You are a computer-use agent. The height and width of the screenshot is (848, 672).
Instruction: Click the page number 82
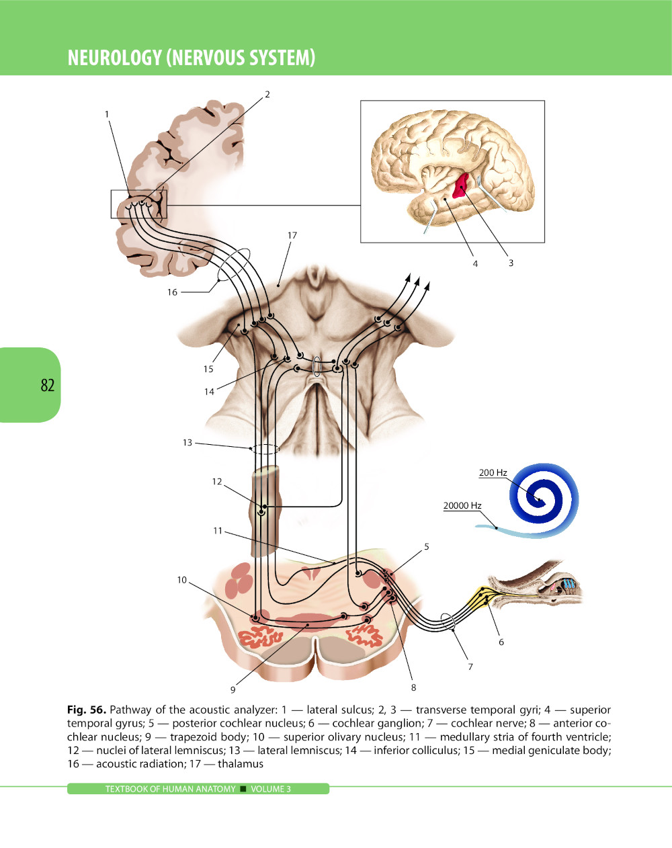coord(47,385)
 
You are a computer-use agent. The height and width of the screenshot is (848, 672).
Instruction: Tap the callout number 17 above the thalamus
coord(292,235)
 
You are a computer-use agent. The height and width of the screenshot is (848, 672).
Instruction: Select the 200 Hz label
coord(493,472)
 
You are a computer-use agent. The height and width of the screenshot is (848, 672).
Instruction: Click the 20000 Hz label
coord(462,505)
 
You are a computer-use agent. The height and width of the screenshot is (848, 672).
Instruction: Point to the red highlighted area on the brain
coord(461,185)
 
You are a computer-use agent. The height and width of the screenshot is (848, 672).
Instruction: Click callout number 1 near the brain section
coord(106,114)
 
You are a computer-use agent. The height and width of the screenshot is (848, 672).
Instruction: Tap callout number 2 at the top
coord(267,94)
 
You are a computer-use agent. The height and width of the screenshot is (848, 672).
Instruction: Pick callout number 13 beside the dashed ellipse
coord(187,442)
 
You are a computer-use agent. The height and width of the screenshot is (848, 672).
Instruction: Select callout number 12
coord(216,481)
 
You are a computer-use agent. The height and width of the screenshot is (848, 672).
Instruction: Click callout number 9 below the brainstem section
coord(233,689)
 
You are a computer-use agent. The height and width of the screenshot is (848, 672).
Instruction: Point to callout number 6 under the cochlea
coord(501,642)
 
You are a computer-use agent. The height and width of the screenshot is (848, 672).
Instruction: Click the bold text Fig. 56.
coord(86,710)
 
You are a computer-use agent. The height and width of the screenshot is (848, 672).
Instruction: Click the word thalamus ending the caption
coord(241,763)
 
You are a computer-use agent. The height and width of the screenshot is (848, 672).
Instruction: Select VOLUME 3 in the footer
coord(271,789)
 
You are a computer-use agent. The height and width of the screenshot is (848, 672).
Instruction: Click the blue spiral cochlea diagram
coord(544,499)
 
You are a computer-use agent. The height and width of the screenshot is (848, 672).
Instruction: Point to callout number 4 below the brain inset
coord(475,263)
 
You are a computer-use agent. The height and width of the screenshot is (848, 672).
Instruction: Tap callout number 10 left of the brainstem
coord(181,580)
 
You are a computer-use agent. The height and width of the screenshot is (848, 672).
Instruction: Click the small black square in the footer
coord(243,789)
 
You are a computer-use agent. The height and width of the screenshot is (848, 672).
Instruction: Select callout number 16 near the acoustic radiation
coord(172,292)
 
